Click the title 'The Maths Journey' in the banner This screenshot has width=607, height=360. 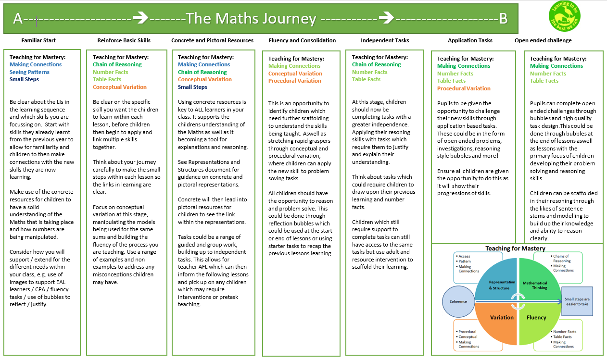pyautogui.click(x=251, y=19)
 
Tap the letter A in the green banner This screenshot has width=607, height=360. pyautogui.click(x=18, y=19)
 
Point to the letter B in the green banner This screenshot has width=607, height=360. pyautogui.click(x=503, y=19)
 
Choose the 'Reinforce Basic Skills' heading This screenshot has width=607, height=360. pyautogui.click(x=124, y=40)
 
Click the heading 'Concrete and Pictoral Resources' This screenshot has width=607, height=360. pyautogui.click(x=212, y=40)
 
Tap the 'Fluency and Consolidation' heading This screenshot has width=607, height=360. pyautogui.click(x=302, y=40)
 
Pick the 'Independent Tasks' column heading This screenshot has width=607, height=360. pyautogui.click(x=385, y=40)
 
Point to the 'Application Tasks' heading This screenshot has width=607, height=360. pyautogui.click(x=470, y=40)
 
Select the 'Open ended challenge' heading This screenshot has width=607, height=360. pyautogui.click(x=543, y=40)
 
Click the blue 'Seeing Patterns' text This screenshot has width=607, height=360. pyautogui.click(x=29, y=72)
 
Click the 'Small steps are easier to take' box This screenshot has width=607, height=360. pyautogui.click(x=577, y=301)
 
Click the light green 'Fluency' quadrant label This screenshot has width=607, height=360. pyautogui.click(x=536, y=317)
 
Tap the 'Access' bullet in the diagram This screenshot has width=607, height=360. pyautogui.click(x=465, y=256)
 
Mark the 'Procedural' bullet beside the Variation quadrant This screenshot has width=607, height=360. pyautogui.click(x=467, y=332)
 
